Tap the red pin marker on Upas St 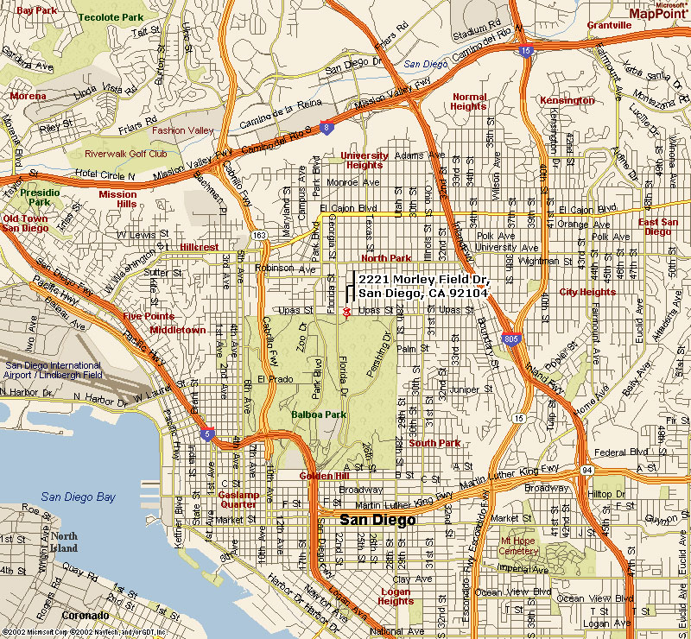[346, 312]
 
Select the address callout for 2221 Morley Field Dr [423, 287]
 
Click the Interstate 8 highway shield [325, 128]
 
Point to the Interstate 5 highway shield [206, 434]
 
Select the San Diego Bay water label [78, 497]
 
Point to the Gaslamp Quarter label [238, 499]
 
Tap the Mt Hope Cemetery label [519, 546]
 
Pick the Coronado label [85, 616]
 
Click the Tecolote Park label [111, 17]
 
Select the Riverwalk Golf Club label [125, 154]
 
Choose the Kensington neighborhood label [567, 100]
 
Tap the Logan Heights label [396, 596]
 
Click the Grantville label [609, 25]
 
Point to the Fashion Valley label [182, 130]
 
